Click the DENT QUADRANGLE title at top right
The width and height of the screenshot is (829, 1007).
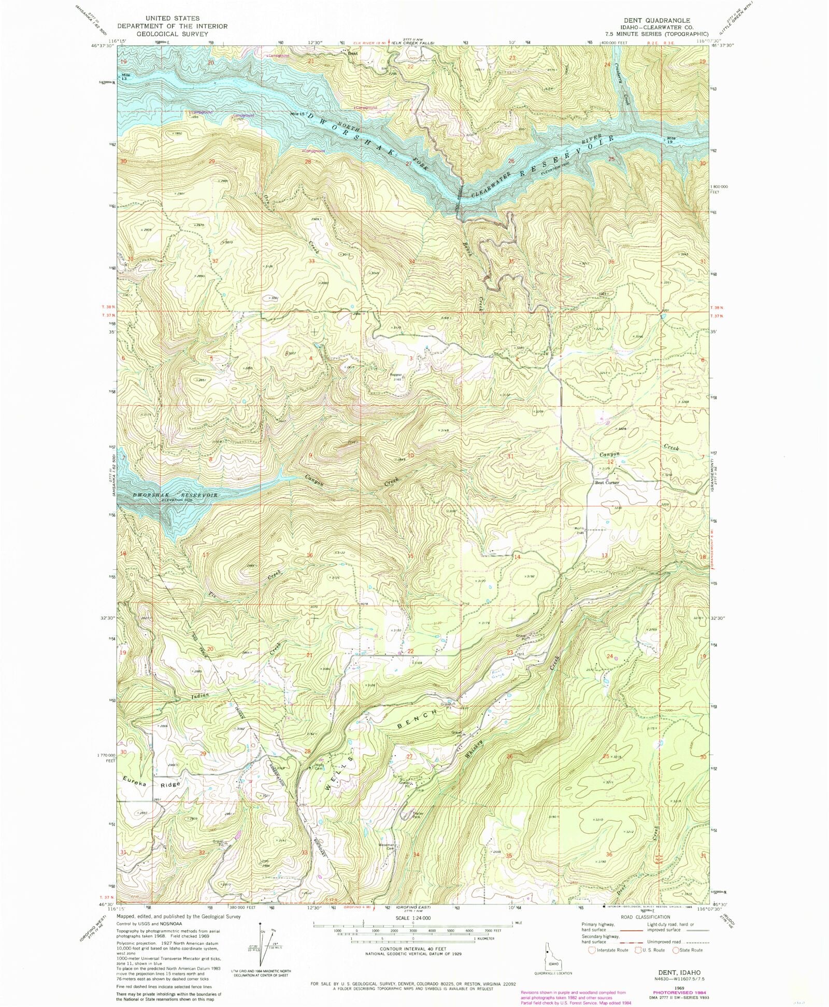point(656,21)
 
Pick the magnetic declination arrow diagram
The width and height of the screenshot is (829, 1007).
point(263,937)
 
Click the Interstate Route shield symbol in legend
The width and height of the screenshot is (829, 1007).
point(592,950)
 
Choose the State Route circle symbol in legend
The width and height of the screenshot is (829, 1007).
point(676,950)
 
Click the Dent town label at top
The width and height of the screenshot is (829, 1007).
point(353,53)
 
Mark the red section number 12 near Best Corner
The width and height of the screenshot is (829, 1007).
point(611,462)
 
